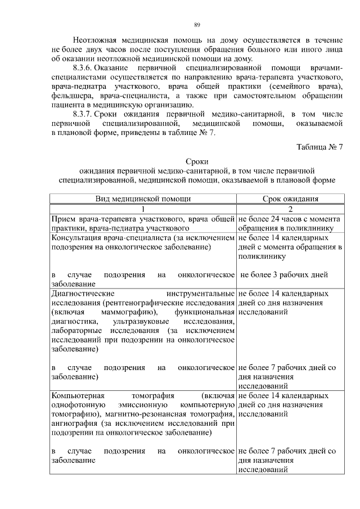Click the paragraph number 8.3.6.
click(85, 68)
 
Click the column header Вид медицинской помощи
click(143, 199)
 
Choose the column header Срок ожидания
click(291, 199)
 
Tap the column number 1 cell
click(143, 209)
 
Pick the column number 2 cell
click(291, 209)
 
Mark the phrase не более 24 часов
click(272, 219)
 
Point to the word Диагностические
click(83, 294)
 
